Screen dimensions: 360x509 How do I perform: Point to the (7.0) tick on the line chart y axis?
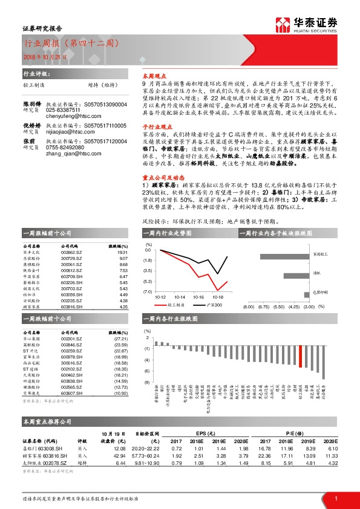click(x=148, y=291)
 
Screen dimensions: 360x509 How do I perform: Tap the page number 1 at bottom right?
click(x=335, y=498)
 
